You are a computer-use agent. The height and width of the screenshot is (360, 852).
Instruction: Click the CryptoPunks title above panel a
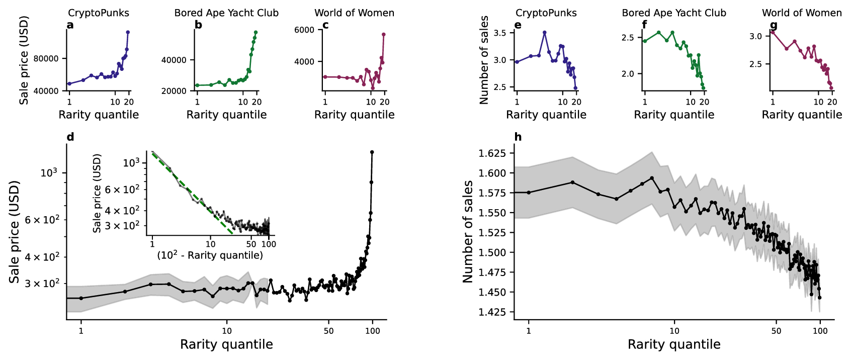(98, 13)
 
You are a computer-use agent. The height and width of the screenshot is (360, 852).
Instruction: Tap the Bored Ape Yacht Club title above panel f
(674, 13)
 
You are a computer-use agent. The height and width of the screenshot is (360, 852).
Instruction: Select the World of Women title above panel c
(354, 13)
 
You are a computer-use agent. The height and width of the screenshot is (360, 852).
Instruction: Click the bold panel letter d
(70, 137)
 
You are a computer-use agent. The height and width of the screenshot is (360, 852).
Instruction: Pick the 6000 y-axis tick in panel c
(304, 30)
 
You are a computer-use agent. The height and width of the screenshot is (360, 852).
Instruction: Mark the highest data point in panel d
(372, 152)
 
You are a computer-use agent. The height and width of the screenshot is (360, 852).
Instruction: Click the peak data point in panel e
(544, 33)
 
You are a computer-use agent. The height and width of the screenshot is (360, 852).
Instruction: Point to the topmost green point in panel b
(255, 32)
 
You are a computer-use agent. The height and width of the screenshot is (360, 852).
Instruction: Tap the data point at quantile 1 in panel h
(529, 193)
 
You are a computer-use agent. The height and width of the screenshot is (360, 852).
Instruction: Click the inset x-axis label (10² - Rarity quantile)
(210, 255)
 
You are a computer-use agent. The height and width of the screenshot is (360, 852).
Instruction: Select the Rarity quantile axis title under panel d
(226, 344)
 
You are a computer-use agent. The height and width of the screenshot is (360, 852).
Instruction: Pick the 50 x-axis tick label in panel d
(328, 331)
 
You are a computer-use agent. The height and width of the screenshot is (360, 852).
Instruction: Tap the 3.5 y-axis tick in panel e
(500, 33)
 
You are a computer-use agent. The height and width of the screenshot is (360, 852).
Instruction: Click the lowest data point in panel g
(831, 88)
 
